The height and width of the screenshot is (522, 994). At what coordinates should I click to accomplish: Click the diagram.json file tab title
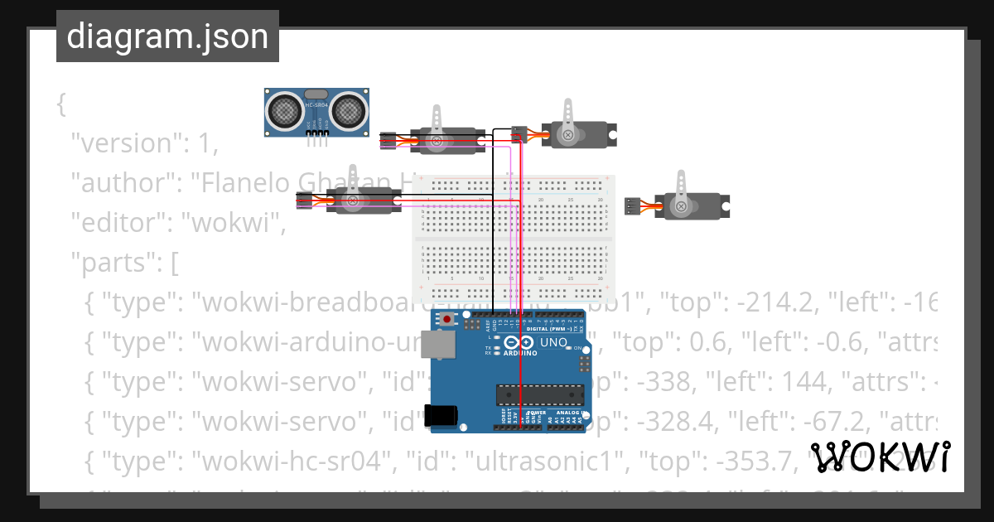(x=167, y=36)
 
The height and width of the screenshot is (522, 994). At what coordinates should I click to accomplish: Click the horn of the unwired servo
(x=682, y=192)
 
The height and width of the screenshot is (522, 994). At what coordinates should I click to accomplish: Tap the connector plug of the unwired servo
(x=633, y=206)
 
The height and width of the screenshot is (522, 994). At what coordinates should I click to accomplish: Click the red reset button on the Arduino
(x=447, y=319)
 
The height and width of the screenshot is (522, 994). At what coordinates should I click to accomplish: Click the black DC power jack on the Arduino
(x=441, y=414)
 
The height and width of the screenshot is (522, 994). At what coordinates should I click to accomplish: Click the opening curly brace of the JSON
(x=61, y=104)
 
